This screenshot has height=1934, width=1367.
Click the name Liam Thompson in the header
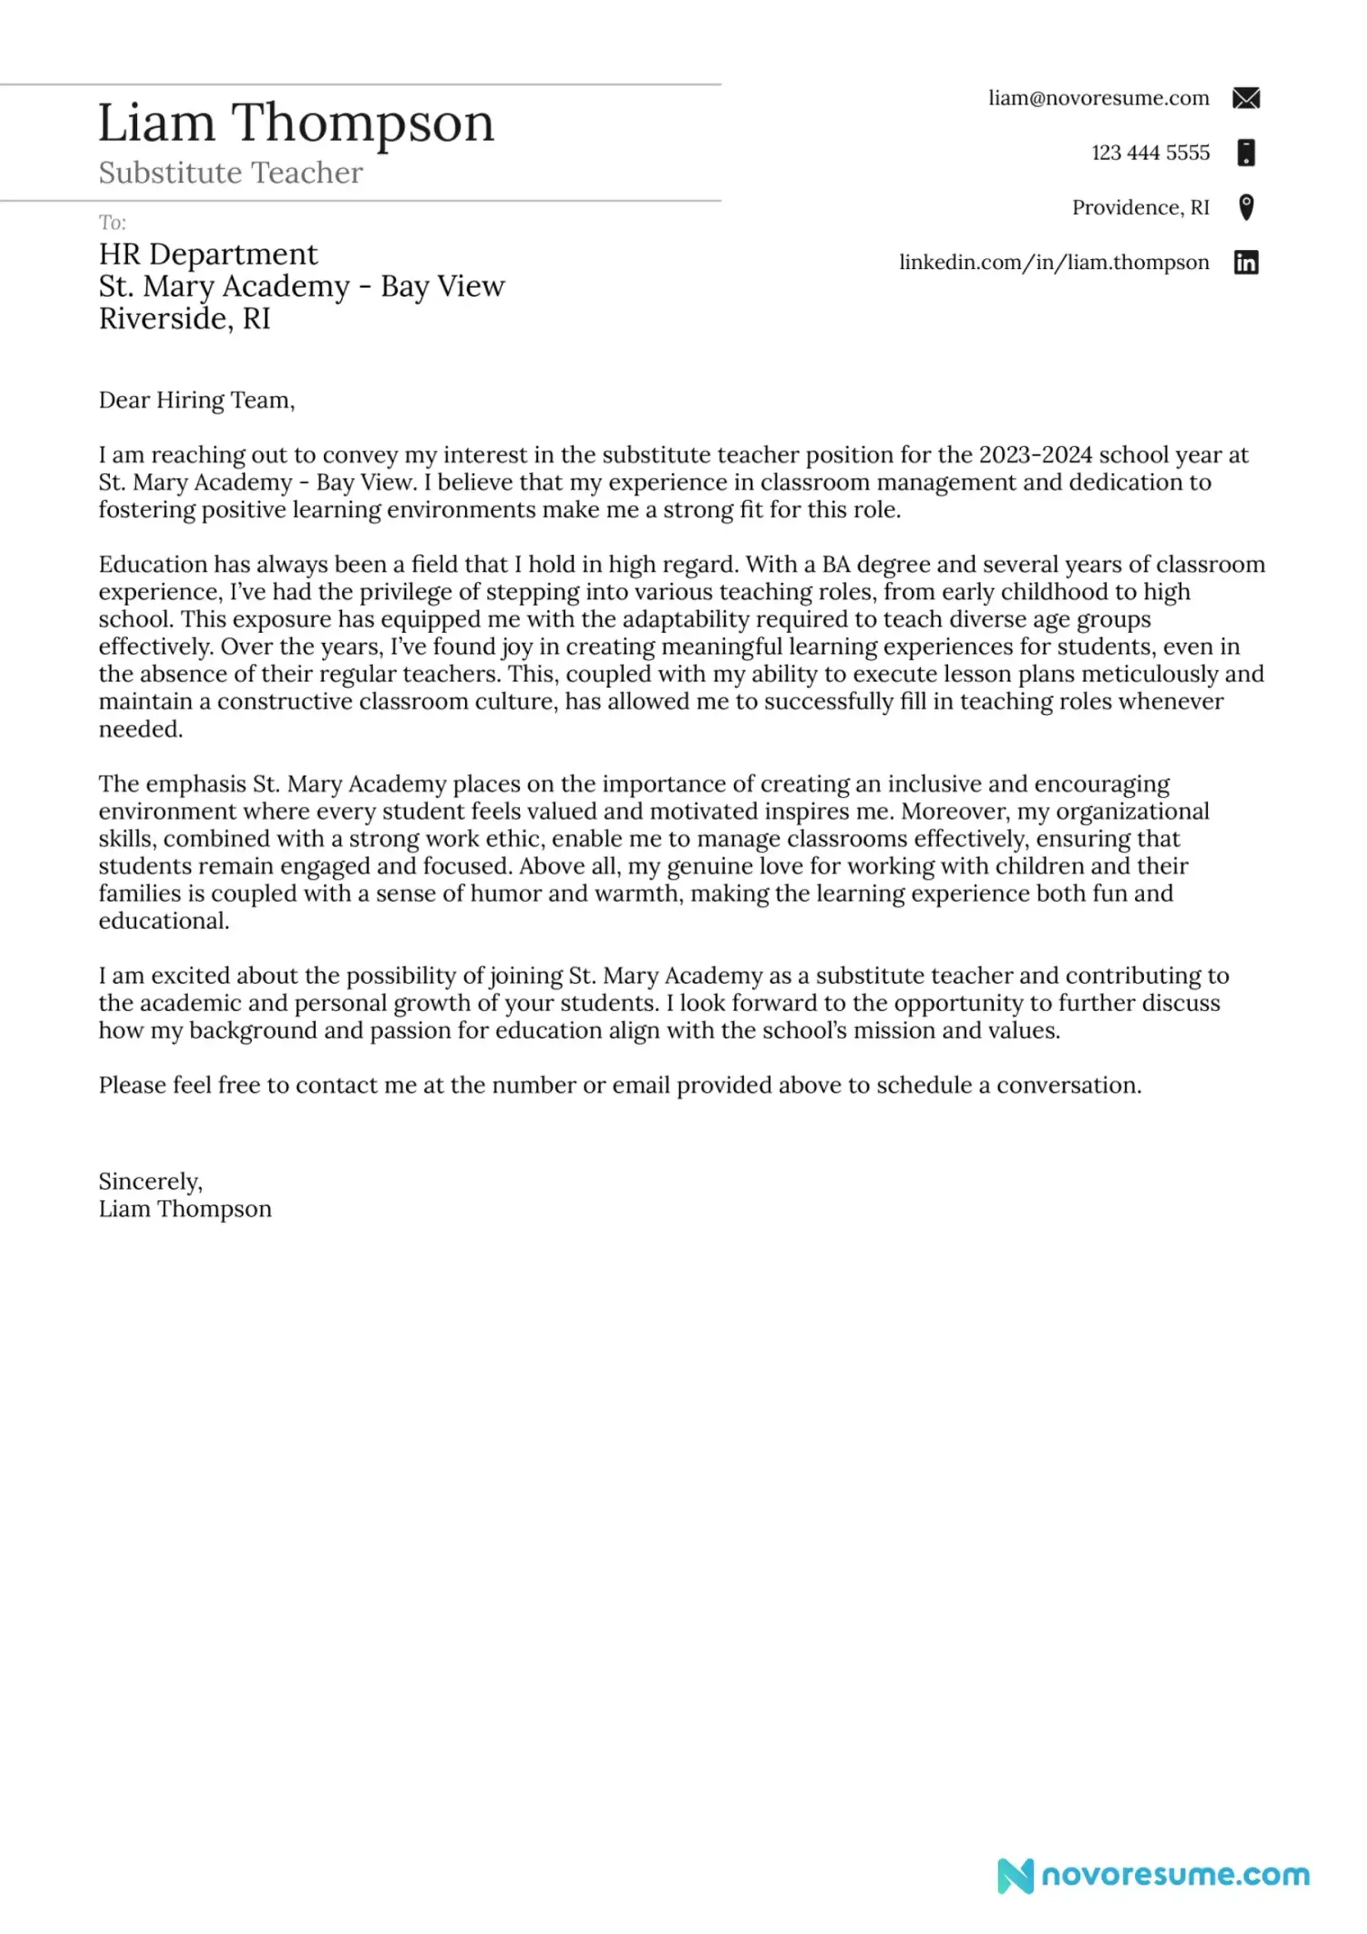tap(295, 123)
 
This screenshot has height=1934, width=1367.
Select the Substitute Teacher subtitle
tap(230, 172)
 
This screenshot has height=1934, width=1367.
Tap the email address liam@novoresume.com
tap(1099, 98)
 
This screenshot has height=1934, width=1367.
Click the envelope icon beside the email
tap(1246, 98)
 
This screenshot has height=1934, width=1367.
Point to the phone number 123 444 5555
tap(1150, 152)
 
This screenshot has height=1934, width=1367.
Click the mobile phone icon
tap(1246, 152)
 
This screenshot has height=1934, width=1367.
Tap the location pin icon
tap(1246, 207)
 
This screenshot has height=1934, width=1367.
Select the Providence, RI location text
tap(1140, 207)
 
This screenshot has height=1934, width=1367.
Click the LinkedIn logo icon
tap(1246, 263)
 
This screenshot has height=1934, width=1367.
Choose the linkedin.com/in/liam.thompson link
tap(1054, 262)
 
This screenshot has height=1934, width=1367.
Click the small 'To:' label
tap(112, 222)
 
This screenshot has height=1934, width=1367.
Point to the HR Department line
tap(208, 253)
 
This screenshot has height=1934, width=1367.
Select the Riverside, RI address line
tap(184, 318)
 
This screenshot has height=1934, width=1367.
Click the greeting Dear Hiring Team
tap(197, 399)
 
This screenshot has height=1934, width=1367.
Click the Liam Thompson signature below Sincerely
tap(184, 1209)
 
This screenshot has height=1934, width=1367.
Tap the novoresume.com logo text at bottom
tap(1175, 1875)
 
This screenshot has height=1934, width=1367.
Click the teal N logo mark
tap(1015, 1876)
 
